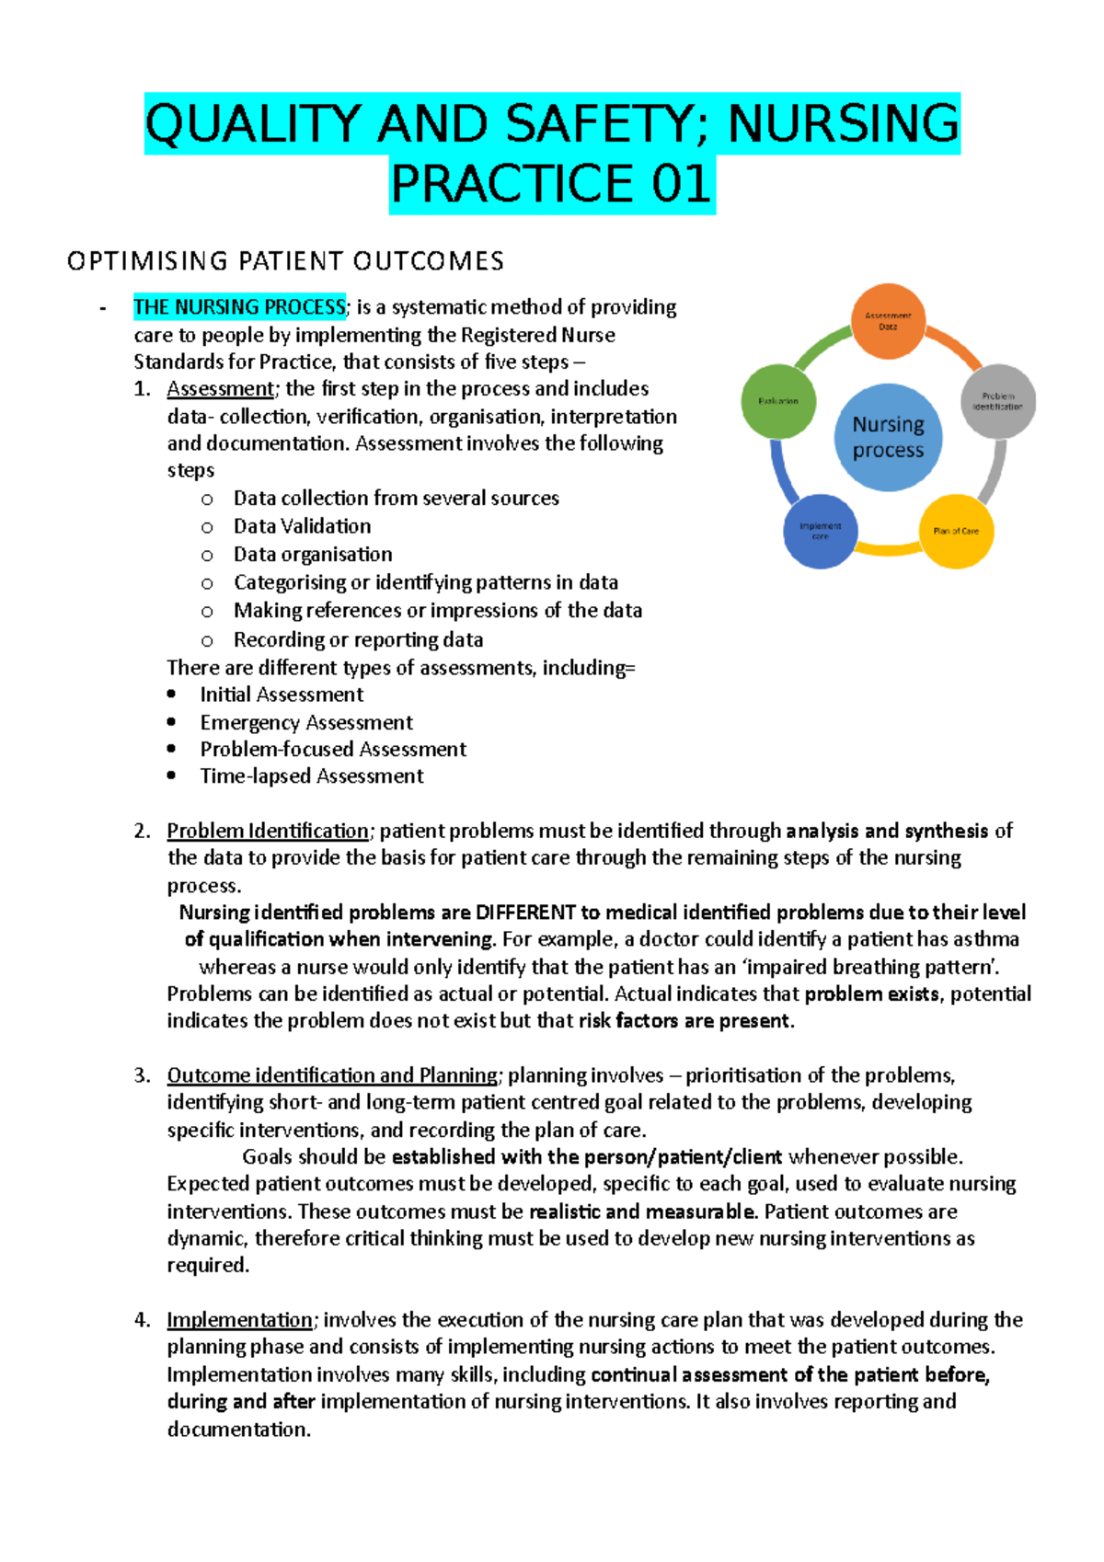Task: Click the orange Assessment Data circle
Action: pos(888,321)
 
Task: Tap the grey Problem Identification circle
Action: pos(998,401)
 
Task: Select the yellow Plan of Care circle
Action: pos(956,531)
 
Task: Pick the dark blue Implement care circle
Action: pos(820,531)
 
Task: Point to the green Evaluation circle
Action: pos(778,401)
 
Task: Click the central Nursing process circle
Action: pos(888,437)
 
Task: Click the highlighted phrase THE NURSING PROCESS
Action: pos(239,307)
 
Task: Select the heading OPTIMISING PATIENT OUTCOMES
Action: pos(285,261)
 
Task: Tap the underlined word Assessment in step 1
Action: pos(220,389)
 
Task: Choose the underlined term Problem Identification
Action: pos(268,831)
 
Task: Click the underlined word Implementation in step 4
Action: pos(239,1320)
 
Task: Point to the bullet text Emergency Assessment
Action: pos(306,722)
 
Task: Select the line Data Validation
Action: pos(302,526)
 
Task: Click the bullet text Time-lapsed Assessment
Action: pos(312,776)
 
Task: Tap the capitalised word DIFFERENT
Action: pos(525,913)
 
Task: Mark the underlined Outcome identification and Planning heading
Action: pos(332,1075)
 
